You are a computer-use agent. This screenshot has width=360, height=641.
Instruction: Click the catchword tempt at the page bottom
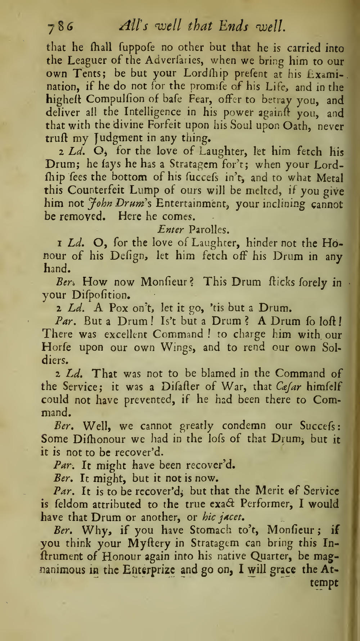coord(324,583)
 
